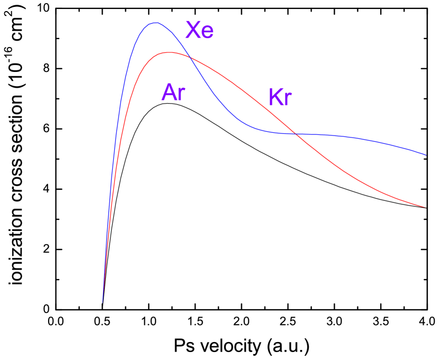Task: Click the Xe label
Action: click(x=199, y=31)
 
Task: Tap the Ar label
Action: click(x=173, y=93)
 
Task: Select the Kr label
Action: click(x=280, y=97)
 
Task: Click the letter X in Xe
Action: click(x=192, y=31)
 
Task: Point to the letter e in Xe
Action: click(x=207, y=33)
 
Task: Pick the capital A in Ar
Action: click(x=169, y=93)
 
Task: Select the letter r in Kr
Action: click(x=288, y=99)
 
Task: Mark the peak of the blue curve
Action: click(x=155, y=23)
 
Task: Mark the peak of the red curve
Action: click(x=169, y=52)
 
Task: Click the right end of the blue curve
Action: click(x=426, y=155)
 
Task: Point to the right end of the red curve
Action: click(x=426, y=207)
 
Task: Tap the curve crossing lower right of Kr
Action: click(x=296, y=134)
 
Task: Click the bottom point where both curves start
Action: click(x=102, y=302)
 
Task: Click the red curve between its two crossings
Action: click(x=243, y=90)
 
